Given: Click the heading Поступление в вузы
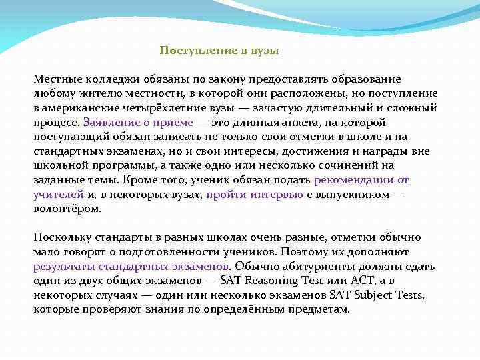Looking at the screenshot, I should point(219,51).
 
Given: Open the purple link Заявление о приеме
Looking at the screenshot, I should point(138,123).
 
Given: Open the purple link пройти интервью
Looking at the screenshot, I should point(255,194).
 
